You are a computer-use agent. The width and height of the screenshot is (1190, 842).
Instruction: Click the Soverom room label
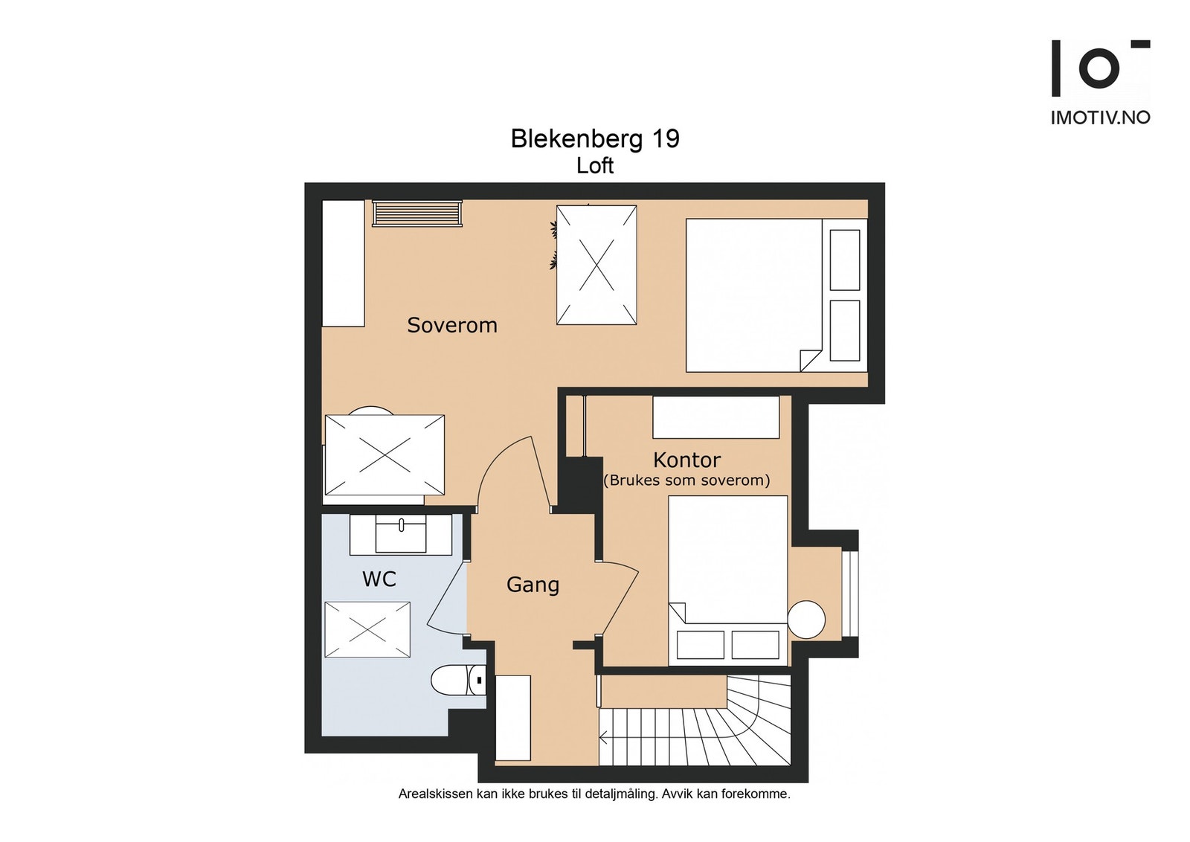pyautogui.click(x=451, y=325)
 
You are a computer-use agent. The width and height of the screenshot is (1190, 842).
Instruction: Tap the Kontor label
pyautogui.click(x=686, y=460)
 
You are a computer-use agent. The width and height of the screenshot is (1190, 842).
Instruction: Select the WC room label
pyautogui.click(x=379, y=579)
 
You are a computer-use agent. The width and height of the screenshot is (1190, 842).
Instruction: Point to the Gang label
pyautogui.click(x=533, y=585)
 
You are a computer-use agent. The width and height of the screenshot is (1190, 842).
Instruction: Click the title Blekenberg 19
pyautogui.click(x=595, y=139)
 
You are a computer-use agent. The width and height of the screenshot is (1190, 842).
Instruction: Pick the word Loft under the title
pyautogui.click(x=595, y=166)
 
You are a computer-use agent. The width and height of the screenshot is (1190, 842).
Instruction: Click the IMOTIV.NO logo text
pyautogui.click(x=1100, y=118)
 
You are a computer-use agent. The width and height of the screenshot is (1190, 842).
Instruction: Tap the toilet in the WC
pyautogui.click(x=455, y=680)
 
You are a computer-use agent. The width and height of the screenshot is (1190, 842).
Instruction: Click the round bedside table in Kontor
pyautogui.click(x=806, y=619)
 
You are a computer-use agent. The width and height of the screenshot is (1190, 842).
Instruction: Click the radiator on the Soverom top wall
pyautogui.click(x=416, y=213)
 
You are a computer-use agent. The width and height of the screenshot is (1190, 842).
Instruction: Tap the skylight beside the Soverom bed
pyautogui.click(x=596, y=265)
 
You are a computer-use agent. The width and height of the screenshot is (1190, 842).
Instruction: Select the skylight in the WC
pyautogui.click(x=367, y=629)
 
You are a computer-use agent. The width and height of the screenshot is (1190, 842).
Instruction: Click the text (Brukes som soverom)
pyautogui.click(x=686, y=481)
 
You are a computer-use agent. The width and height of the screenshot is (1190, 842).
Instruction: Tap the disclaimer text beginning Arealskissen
pyautogui.click(x=594, y=794)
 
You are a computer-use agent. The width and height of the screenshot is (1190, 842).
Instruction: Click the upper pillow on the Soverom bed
pyautogui.click(x=844, y=260)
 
